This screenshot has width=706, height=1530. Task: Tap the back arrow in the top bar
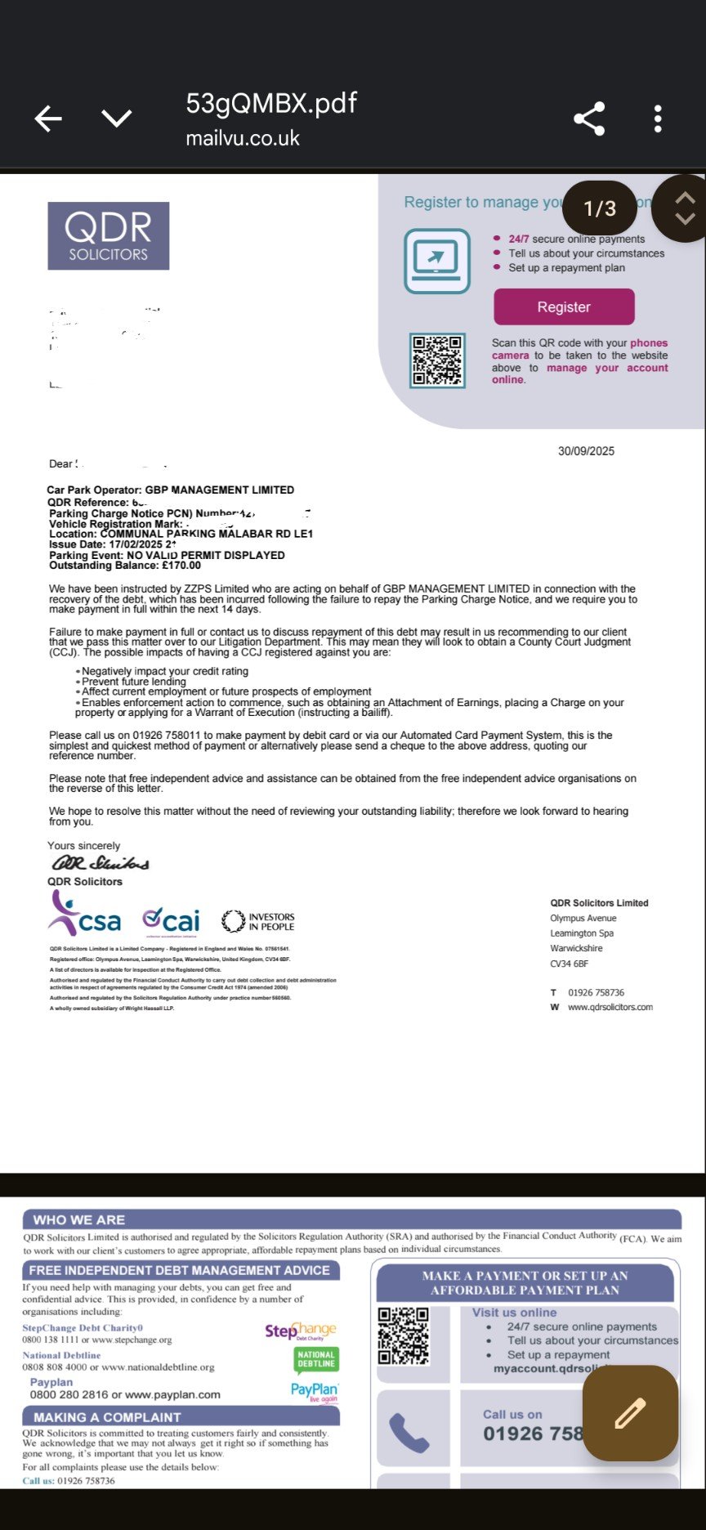(x=48, y=119)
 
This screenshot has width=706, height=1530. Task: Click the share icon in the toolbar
(x=589, y=119)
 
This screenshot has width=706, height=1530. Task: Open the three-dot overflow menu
(x=658, y=119)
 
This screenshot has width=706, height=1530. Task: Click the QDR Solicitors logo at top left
(x=109, y=236)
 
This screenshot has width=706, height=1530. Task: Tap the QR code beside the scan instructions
(x=437, y=360)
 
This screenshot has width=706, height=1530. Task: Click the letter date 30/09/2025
(x=586, y=451)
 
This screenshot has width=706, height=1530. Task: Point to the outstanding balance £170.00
(x=181, y=566)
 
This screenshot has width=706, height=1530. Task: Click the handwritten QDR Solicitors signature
(x=101, y=863)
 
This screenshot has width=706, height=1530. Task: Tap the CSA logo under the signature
(x=85, y=915)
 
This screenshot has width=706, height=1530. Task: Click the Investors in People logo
(x=258, y=922)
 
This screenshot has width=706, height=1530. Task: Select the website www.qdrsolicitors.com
(x=610, y=1007)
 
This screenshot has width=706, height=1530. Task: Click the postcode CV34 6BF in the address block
(x=569, y=964)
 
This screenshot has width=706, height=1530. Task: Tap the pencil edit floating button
(x=630, y=1413)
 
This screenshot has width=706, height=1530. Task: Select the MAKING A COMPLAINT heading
(x=107, y=1417)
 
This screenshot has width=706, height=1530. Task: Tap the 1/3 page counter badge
(x=600, y=208)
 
